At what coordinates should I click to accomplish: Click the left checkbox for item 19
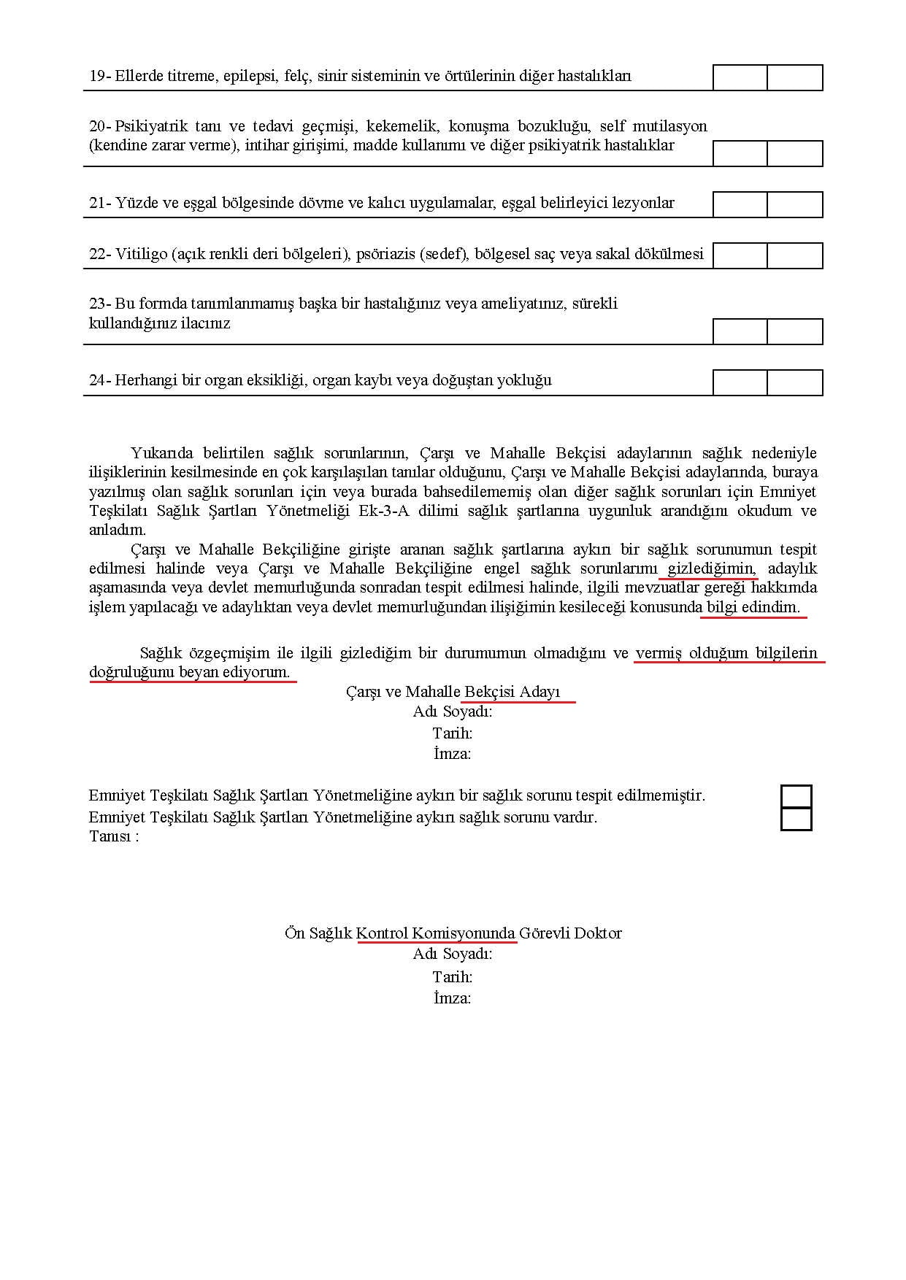(740, 77)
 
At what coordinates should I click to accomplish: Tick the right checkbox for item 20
(795, 154)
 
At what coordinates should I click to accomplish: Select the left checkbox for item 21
(740, 204)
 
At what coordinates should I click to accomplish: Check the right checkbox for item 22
(795, 255)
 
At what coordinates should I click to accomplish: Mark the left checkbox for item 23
(740, 331)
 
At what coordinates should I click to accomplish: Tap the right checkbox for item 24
(795, 382)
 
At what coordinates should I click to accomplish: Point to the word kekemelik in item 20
(402, 126)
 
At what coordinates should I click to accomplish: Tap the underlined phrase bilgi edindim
(753, 607)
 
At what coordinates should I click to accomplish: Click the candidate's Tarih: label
(452, 733)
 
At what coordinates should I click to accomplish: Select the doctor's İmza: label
(452, 998)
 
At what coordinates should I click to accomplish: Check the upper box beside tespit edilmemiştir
(796, 796)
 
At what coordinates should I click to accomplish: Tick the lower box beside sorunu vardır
(796, 819)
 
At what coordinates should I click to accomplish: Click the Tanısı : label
(114, 836)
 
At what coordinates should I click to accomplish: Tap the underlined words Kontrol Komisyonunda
(436, 933)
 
